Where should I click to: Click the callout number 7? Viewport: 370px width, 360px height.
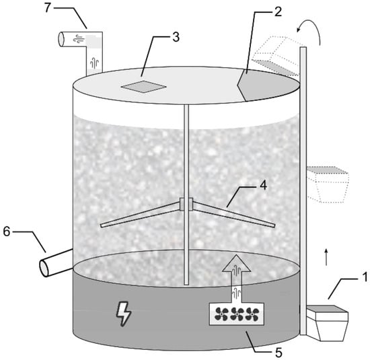pos(48,7)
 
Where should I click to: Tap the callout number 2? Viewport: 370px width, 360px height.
pos(279,11)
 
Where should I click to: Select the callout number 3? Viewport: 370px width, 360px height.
pos(176,37)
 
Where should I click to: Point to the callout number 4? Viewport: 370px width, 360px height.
pos(263,185)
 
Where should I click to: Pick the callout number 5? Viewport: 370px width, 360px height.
pos(279,353)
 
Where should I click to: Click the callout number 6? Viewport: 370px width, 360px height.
pos(7,231)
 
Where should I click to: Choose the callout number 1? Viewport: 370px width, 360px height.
pos(365,277)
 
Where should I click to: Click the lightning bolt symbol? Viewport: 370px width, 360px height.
pos(124,314)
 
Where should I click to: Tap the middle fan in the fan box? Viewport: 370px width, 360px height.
pos(237,314)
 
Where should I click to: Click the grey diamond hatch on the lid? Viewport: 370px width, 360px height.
pos(144,87)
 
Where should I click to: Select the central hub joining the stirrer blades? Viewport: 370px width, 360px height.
pos(186,204)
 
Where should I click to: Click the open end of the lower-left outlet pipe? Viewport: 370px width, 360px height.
pos(44,268)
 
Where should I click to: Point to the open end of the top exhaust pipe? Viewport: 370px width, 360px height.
pos(61,39)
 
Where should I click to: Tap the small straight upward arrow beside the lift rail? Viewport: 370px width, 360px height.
pos(326,257)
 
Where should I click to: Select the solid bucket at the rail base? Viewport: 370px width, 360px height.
pos(328,323)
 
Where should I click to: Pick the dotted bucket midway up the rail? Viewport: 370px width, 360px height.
pos(328,184)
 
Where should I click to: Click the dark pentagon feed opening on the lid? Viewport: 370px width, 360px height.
pos(268,84)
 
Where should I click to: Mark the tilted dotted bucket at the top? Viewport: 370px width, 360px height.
pos(276,55)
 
